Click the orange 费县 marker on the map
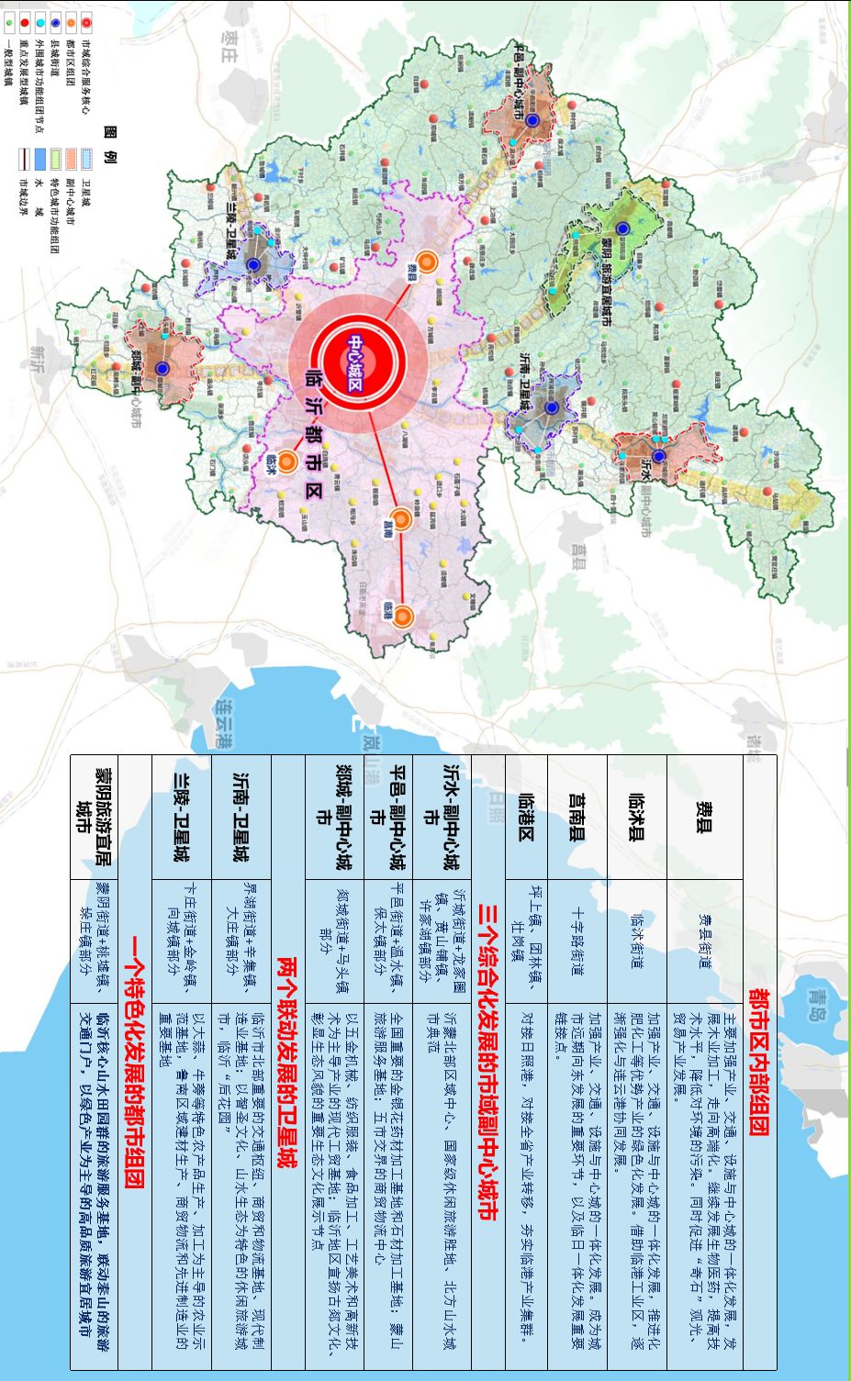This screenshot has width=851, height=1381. pos(426,264)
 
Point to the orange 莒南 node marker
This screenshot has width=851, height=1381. pos(400,519)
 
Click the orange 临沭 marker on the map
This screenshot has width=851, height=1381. pos(287,462)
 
